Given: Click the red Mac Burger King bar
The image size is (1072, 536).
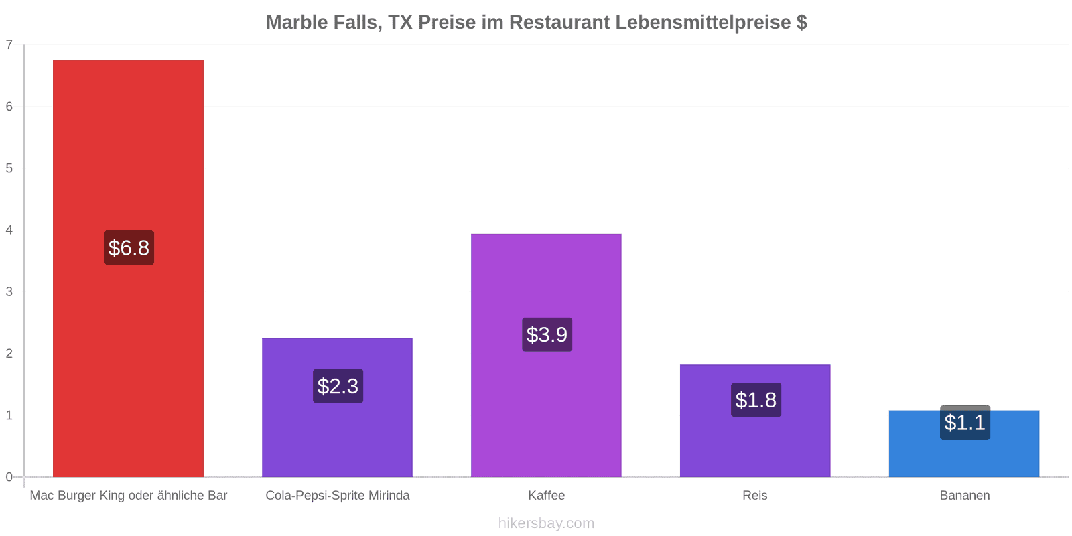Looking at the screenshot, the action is pyautogui.click(x=128, y=269).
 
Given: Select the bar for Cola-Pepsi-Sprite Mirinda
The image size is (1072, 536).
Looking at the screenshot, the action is pyautogui.click(x=338, y=408).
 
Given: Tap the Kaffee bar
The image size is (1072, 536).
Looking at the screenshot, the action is pyautogui.click(x=546, y=356).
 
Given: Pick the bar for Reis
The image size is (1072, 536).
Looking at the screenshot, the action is pyautogui.click(x=755, y=421).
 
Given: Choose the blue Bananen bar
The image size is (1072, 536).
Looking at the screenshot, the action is pyautogui.click(x=964, y=444).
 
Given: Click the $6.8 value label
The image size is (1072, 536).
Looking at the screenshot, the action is pyautogui.click(x=129, y=247).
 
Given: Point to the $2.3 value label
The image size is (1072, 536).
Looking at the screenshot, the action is pyautogui.click(x=338, y=386).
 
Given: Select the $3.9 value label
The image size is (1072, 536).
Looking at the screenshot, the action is pyautogui.click(x=547, y=334).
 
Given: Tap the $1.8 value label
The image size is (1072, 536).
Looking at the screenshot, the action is pyautogui.click(x=756, y=399).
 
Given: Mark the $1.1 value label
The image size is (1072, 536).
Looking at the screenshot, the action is pyautogui.click(x=965, y=422).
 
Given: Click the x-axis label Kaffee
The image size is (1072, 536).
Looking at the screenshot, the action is pyautogui.click(x=547, y=495).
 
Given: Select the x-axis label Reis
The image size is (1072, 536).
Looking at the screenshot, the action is pyautogui.click(x=755, y=495).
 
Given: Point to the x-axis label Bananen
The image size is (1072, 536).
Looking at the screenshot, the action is pyautogui.click(x=965, y=495).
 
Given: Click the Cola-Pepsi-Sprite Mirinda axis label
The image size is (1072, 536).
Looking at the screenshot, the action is pyautogui.click(x=338, y=495).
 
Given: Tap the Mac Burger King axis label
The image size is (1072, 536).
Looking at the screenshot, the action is pyautogui.click(x=128, y=495).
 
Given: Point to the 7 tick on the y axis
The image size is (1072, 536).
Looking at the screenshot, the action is pyautogui.click(x=9, y=44).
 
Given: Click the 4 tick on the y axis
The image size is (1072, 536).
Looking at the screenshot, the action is pyautogui.click(x=9, y=230).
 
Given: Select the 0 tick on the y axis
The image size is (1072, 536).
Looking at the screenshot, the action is pyautogui.click(x=9, y=476).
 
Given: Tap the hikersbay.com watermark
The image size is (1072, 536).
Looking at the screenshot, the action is pyautogui.click(x=546, y=523).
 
